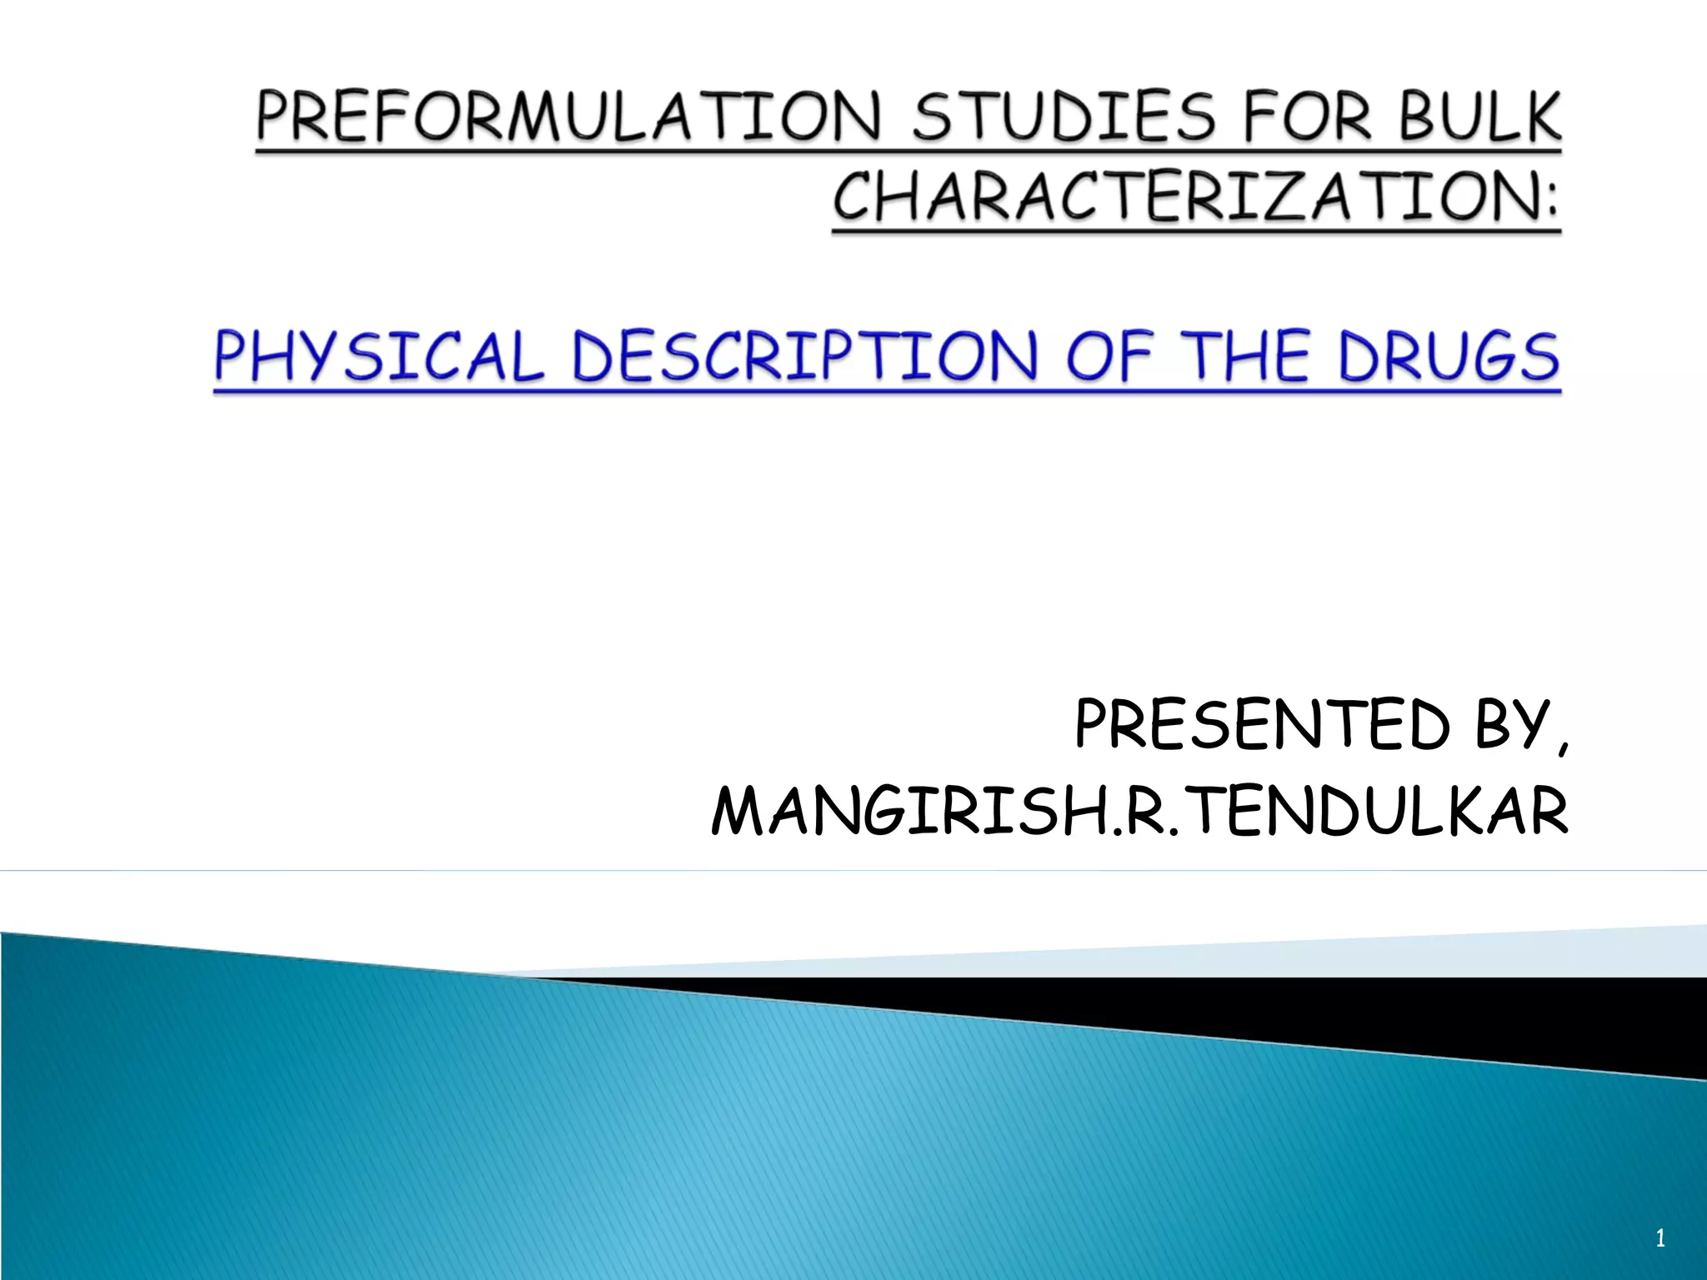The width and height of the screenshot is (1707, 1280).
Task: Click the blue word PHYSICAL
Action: (x=379, y=357)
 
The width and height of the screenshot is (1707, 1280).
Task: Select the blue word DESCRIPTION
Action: (x=804, y=357)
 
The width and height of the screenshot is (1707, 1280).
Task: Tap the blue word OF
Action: (x=1110, y=357)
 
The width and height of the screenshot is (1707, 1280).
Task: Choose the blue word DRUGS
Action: (x=1449, y=357)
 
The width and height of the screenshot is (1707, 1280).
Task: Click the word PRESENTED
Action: (x=1262, y=725)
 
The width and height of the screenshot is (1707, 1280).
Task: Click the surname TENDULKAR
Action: (x=1375, y=812)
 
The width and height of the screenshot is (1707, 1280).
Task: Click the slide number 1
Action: (x=1659, y=1238)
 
